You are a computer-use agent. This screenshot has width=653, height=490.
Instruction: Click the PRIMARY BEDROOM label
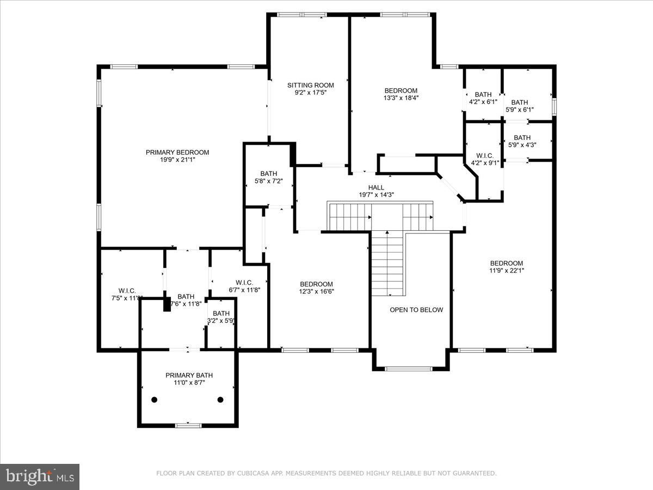177,152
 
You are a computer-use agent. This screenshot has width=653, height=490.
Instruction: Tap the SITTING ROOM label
310,85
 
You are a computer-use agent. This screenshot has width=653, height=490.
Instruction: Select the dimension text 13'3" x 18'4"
401,99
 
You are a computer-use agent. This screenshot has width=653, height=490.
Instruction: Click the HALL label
376,187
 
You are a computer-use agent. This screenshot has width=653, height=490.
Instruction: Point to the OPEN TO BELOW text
416,310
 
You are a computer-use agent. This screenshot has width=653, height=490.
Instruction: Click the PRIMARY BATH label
189,375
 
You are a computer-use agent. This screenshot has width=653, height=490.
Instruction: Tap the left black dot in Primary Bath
155,400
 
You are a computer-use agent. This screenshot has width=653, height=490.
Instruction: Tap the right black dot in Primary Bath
220,400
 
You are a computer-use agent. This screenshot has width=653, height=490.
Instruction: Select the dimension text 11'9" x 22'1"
506,271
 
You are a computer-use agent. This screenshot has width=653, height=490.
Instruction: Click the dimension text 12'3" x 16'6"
317,291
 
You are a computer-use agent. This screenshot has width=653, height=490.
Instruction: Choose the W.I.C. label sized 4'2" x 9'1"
484,155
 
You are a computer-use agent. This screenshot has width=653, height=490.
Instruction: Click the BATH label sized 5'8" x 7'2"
268,174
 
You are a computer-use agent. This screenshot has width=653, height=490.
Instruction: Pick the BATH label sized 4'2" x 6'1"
483,94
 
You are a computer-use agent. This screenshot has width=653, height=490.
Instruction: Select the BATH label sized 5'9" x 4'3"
522,138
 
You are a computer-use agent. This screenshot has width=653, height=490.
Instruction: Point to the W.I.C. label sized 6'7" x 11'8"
241,282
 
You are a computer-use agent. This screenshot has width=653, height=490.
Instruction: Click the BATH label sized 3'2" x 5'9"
221,313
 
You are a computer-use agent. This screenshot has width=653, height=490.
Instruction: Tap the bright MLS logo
40,477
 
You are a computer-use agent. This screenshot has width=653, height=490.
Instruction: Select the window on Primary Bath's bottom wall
184,425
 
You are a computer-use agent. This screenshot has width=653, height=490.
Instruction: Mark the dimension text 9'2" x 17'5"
310,93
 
